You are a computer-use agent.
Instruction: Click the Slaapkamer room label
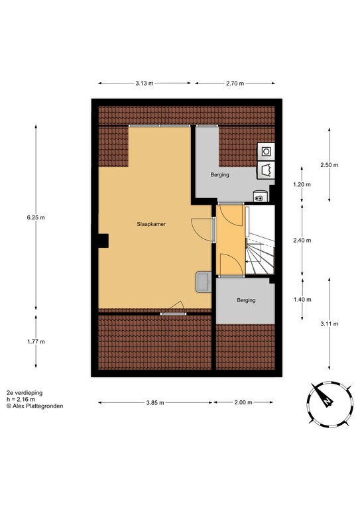click(151, 224)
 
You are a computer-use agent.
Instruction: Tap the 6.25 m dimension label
click(36, 217)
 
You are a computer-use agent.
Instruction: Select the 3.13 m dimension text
click(145, 83)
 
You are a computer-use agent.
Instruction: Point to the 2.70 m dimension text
click(235, 83)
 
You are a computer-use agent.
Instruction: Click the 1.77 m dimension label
click(36, 341)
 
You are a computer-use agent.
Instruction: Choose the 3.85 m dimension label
click(155, 402)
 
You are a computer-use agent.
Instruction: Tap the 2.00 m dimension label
click(243, 402)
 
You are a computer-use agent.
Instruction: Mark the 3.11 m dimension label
click(329, 323)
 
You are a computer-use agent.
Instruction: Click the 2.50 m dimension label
click(329, 165)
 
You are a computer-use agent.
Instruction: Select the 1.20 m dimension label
click(302, 184)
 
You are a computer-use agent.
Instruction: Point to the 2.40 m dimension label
click(302, 240)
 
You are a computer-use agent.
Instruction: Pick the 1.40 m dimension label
click(302, 300)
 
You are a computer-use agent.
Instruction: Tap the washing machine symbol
click(266, 152)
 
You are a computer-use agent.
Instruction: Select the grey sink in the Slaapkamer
click(204, 282)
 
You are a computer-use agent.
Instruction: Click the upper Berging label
click(219, 175)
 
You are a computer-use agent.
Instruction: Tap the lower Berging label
click(246, 300)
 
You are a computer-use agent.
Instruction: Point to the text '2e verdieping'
click(25, 393)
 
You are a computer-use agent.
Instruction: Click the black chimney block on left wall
click(103, 241)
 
